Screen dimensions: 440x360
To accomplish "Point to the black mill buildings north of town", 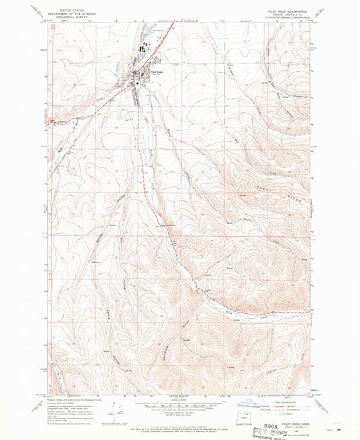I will (145, 48).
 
